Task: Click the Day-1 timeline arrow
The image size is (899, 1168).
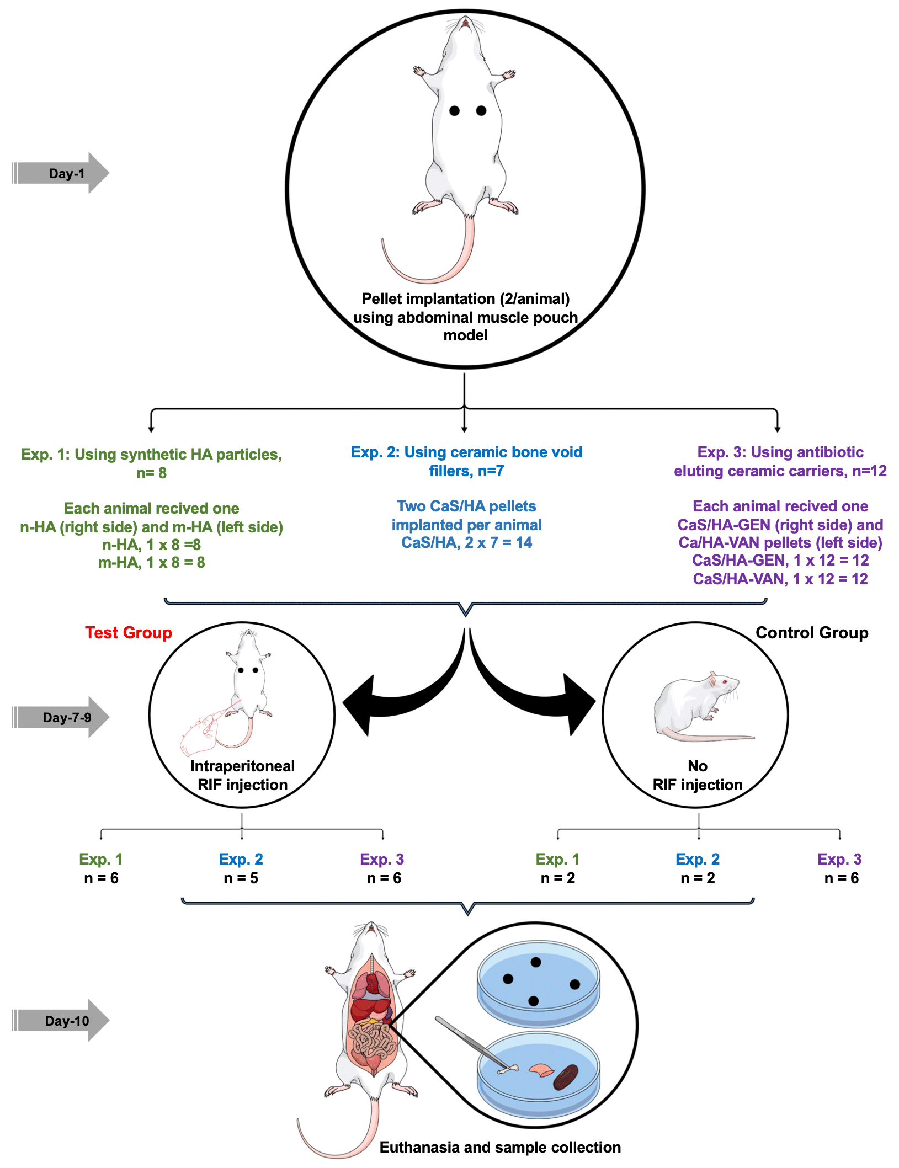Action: click(x=61, y=173)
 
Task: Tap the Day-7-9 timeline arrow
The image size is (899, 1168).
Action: click(x=61, y=717)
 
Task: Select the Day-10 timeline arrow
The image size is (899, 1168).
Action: click(x=61, y=1021)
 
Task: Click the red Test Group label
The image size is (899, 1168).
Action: click(x=128, y=633)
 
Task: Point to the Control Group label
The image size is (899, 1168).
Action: click(x=811, y=633)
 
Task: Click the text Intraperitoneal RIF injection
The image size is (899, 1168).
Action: click(x=242, y=775)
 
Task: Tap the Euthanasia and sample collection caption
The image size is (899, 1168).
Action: click(x=500, y=1148)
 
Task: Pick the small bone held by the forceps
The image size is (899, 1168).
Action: click(x=508, y=1069)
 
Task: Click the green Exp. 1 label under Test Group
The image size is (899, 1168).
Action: click(x=100, y=859)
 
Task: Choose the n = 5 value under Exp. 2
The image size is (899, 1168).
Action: click(x=241, y=878)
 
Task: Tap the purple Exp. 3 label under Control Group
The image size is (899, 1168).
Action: click(x=839, y=859)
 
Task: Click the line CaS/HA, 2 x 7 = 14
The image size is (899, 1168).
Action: click(x=466, y=543)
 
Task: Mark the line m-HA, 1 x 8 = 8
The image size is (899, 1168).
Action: click(x=151, y=563)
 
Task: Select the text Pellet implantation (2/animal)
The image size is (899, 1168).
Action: click(x=465, y=299)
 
